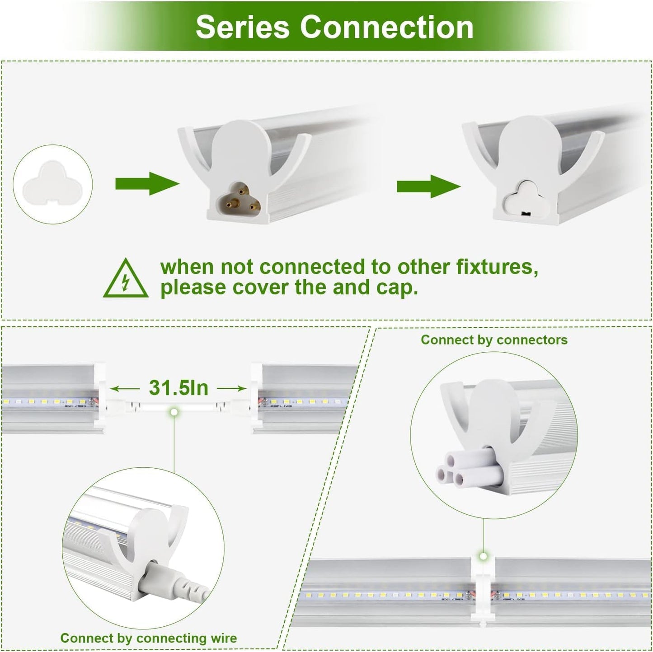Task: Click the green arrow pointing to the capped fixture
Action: (428, 186)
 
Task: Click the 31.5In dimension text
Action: (179, 388)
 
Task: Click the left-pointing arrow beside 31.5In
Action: (125, 388)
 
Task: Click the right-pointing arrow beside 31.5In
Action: (231, 388)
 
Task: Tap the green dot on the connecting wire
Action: (174, 412)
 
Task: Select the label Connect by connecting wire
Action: (148, 638)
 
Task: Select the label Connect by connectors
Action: (494, 340)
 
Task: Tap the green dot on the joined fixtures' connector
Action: (483, 556)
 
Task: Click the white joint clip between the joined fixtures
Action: (483, 589)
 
